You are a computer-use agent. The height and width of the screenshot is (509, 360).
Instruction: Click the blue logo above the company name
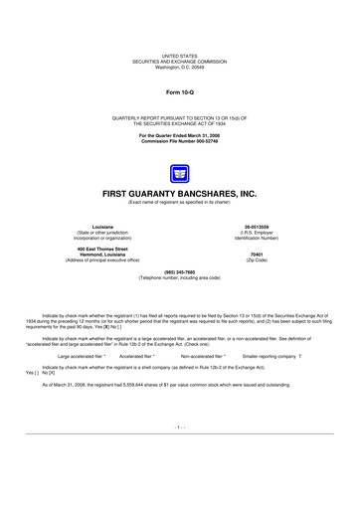[x=180, y=173]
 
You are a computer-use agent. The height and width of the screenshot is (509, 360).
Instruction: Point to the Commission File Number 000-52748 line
[x=180, y=140]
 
